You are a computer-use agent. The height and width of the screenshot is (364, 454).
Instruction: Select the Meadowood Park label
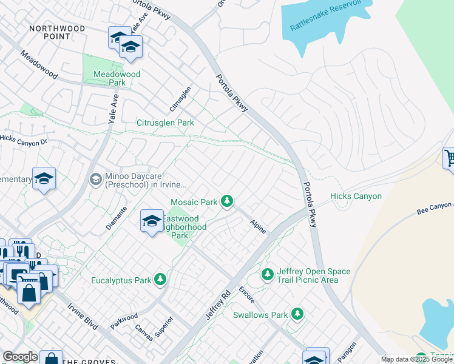(117, 78)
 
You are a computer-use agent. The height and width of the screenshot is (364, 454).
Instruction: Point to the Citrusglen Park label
(164, 123)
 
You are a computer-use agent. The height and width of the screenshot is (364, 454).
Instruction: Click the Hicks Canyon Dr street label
(24, 140)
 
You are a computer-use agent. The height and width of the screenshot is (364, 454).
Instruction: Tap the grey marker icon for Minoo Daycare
(95, 179)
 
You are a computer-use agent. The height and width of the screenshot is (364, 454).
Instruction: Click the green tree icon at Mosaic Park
(227, 201)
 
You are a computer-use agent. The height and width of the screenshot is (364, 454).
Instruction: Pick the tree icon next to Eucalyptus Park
(160, 279)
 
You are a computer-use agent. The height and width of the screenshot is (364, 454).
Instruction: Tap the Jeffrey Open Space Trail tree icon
(267, 275)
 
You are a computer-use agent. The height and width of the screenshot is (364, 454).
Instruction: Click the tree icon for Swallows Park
(297, 314)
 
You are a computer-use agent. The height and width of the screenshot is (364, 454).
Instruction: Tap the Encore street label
(247, 294)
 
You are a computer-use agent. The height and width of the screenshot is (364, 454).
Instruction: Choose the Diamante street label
(117, 218)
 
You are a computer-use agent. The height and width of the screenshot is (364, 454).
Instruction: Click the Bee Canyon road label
(435, 209)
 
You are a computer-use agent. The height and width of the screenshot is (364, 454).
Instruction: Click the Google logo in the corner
(20, 357)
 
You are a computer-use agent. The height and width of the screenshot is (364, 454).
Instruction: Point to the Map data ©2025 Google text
(416, 359)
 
